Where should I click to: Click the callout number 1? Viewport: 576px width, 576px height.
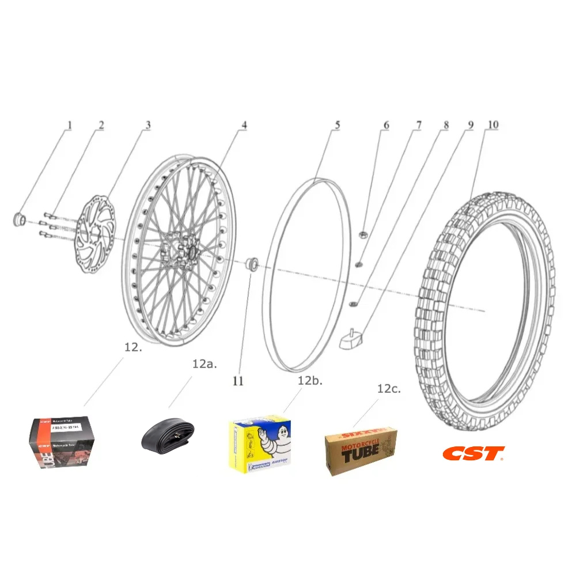tap(70, 124)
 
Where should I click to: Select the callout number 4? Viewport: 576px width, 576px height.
tap(244, 124)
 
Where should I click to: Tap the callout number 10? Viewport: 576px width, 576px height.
tap(493, 124)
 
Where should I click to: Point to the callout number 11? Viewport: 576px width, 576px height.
tap(238, 381)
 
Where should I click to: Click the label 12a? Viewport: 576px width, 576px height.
tap(204, 364)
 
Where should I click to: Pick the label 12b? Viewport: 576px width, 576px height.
tap(310, 380)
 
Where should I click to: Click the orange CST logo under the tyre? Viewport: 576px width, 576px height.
tap(473, 453)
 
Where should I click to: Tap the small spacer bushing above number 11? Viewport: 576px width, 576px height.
tap(251, 264)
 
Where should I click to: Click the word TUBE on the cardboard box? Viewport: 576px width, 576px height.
tap(361, 452)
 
